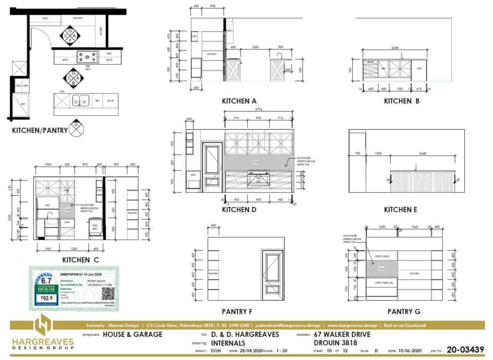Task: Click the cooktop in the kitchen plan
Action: click(x=87, y=57)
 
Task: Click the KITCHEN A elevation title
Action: click(x=239, y=101)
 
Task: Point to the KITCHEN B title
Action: click(x=401, y=101)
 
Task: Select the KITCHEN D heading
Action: click(x=239, y=210)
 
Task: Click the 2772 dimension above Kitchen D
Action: click(x=259, y=110)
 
